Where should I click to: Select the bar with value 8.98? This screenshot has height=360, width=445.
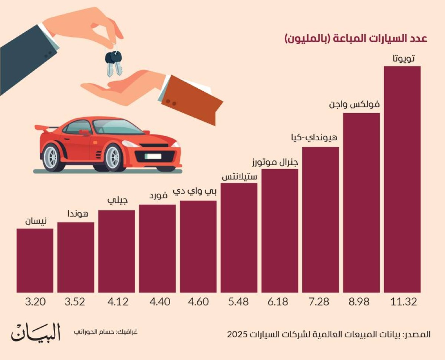361,203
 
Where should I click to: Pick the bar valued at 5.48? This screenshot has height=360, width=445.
239,238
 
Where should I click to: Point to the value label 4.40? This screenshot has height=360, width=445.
157,302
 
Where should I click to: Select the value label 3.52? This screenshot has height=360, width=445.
76,302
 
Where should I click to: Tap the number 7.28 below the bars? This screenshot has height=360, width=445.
320,302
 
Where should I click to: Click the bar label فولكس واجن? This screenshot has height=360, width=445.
354,105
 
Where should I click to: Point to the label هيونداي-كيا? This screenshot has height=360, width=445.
314,138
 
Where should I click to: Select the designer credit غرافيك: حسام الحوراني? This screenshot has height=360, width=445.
106,331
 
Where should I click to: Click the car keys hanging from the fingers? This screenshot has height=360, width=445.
113,62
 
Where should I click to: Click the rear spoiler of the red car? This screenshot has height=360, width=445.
43,128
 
